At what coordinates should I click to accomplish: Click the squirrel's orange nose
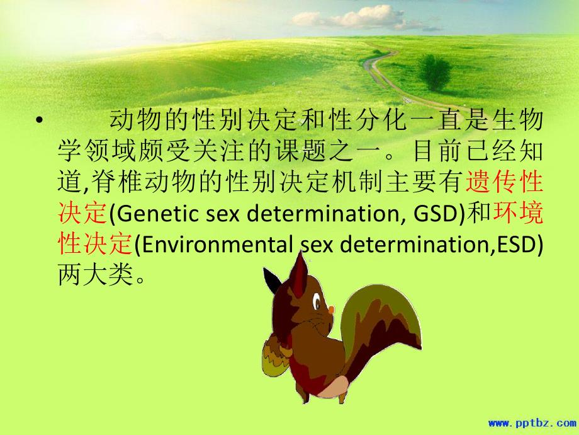(x=332, y=309)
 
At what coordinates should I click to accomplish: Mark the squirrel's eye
(x=316, y=296)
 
